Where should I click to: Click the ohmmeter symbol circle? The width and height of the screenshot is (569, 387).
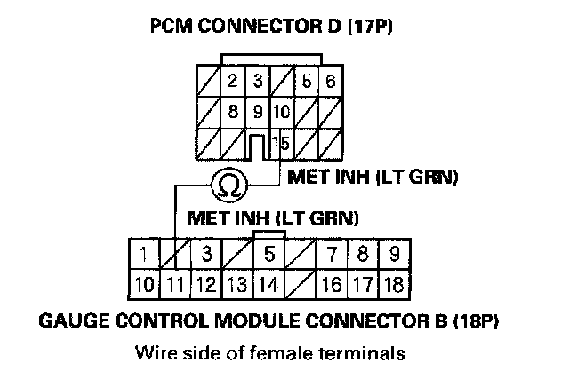click(x=229, y=185)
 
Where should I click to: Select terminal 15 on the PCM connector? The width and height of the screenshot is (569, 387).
click(x=282, y=142)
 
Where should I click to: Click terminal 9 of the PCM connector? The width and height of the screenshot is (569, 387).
click(x=257, y=113)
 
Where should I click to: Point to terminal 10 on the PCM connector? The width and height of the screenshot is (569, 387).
click(x=281, y=113)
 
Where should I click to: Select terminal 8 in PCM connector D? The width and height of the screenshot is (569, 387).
click(x=232, y=113)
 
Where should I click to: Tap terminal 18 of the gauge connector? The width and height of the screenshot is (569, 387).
click(x=395, y=285)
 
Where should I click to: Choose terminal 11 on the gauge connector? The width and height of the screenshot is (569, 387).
click(x=175, y=285)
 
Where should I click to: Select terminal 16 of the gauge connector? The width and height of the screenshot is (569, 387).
click(x=331, y=285)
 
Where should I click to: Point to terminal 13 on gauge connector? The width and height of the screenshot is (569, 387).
click(x=237, y=285)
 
